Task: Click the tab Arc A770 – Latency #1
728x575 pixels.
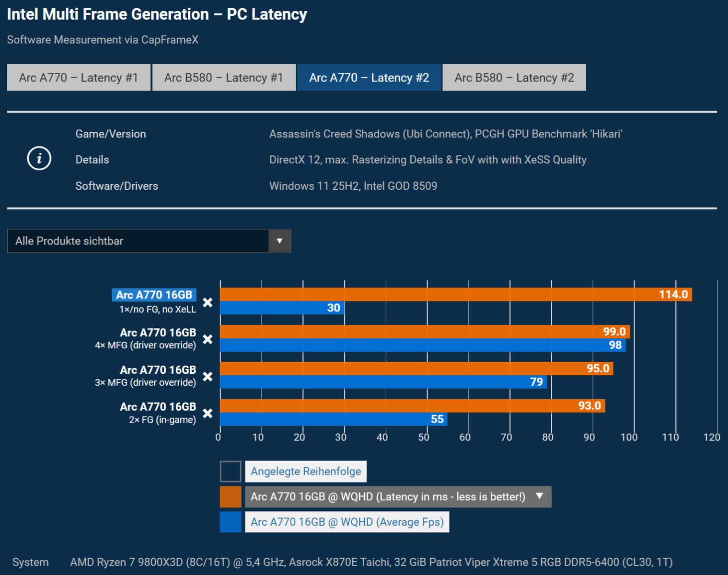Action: click(x=79, y=78)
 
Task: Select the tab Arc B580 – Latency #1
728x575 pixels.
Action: click(x=224, y=78)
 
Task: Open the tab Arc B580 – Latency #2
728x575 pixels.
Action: click(x=514, y=78)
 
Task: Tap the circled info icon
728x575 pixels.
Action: click(x=39, y=159)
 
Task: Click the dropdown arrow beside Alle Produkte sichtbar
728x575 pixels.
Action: click(x=279, y=241)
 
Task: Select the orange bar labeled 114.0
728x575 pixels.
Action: click(x=455, y=295)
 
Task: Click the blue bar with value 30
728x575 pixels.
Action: click(x=282, y=308)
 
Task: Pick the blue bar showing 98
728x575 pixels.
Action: click(x=422, y=345)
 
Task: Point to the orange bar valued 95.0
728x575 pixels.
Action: click(x=416, y=368)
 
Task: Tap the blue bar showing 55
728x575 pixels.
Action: click(x=333, y=419)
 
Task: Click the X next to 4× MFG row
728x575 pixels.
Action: click(x=208, y=339)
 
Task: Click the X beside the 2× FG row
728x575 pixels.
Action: click(x=208, y=413)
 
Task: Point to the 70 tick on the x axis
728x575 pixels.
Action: click(x=506, y=437)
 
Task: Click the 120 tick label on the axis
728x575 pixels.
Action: click(x=712, y=437)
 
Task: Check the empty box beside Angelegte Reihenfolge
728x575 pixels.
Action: click(x=231, y=471)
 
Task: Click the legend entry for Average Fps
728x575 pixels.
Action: click(x=347, y=522)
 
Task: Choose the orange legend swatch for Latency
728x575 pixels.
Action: click(x=231, y=497)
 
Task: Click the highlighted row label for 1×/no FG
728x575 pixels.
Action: click(x=154, y=295)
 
